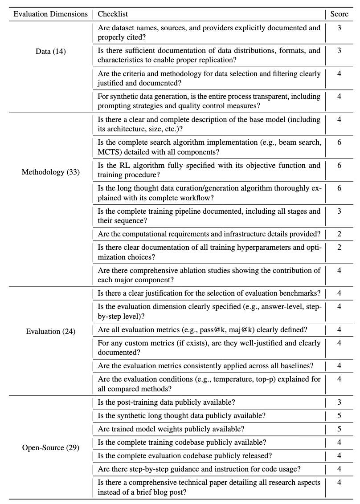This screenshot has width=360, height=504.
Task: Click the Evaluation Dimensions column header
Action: click(51, 14)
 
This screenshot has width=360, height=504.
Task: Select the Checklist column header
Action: click(113, 14)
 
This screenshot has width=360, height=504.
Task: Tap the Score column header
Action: click(339, 14)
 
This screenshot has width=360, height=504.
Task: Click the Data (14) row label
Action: click(51, 52)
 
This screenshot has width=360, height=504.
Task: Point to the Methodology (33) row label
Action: click(51, 172)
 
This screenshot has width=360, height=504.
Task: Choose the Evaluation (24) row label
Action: click(51, 331)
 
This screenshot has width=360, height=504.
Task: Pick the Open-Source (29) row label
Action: click(51, 447)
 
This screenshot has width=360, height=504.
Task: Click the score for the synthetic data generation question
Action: click(339, 96)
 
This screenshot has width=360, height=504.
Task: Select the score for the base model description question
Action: click(339, 119)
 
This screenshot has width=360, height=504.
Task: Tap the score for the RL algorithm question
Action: click(339, 165)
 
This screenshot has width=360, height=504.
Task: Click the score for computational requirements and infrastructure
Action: click(339, 234)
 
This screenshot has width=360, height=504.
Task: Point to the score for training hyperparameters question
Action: click(339, 247)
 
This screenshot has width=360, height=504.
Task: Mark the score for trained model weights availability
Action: click(339, 429)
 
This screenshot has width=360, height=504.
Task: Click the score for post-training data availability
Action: click(339, 402)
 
